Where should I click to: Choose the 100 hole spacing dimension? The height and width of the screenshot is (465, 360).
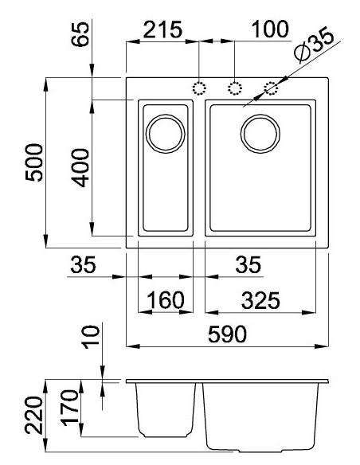point(268,29)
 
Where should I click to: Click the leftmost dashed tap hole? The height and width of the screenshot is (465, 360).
point(199,88)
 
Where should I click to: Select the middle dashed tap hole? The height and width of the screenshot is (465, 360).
point(235,88)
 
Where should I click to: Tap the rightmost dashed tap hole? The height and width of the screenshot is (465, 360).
point(272,88)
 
